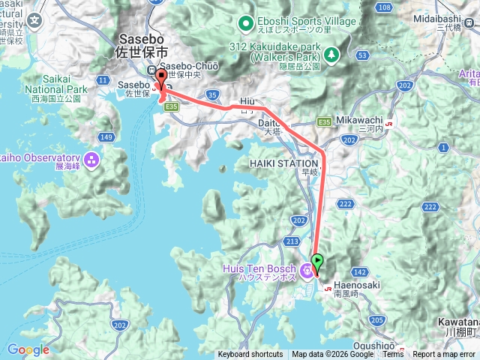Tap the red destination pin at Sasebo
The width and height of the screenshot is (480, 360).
click(160, 78)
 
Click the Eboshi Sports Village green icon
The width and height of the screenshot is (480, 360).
click(245, 22)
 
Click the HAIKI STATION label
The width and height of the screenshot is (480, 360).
click(289, 163)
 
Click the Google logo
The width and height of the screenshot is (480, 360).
click(28, 349)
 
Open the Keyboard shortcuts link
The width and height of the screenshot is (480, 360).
click(250, 355)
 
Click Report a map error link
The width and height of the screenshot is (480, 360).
click(445, 355)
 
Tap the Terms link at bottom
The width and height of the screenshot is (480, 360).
click(392, 355)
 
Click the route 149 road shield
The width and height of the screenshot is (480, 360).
click(107, 137)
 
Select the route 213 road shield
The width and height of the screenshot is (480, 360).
click(292, 241)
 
